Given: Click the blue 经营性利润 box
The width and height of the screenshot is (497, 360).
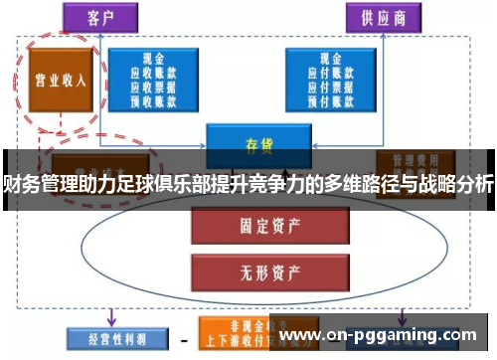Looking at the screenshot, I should tap(105, 338).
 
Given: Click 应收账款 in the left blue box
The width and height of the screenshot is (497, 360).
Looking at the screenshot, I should tap(155, 73).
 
